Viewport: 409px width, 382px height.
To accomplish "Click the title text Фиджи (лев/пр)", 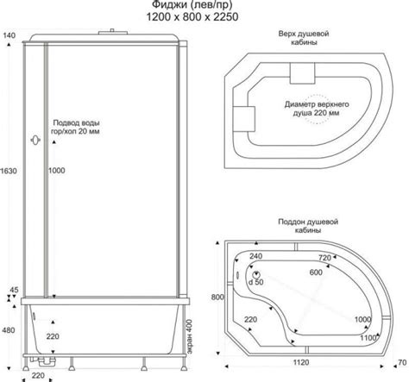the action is tap(192, 4).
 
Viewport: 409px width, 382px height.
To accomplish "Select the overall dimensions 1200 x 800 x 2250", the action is tap(192, 17).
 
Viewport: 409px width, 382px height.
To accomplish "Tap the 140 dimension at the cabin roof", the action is tap(9, 35).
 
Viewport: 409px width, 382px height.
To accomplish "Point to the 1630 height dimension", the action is tap(9, 171).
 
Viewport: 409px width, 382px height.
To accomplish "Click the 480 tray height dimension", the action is tap(9, 330).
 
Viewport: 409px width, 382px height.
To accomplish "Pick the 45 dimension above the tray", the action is tap(14, 290).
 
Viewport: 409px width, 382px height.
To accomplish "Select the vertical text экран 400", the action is tap(189, 337).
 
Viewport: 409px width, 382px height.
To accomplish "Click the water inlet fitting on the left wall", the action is tap(35, 141).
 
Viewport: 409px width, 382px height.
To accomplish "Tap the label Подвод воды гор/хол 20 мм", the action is tap(76, 127).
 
